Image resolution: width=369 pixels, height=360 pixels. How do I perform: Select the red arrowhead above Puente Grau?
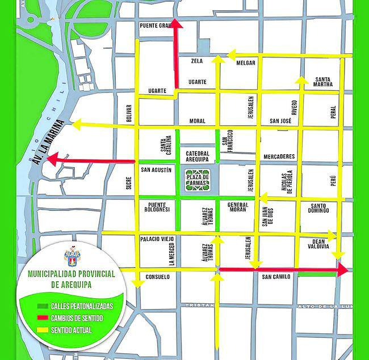(x=176, y=24)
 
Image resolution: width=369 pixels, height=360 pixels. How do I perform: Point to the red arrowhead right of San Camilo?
(x=342, y=270)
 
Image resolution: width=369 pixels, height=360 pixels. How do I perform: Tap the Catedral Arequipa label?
(x=198, y=156)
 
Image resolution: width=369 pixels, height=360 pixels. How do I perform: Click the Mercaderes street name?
(x=279, y=156)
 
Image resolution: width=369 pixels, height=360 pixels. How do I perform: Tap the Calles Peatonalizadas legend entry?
(x=81, y=306)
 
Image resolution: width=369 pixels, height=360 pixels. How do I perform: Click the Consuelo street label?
(x=157, y=277)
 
